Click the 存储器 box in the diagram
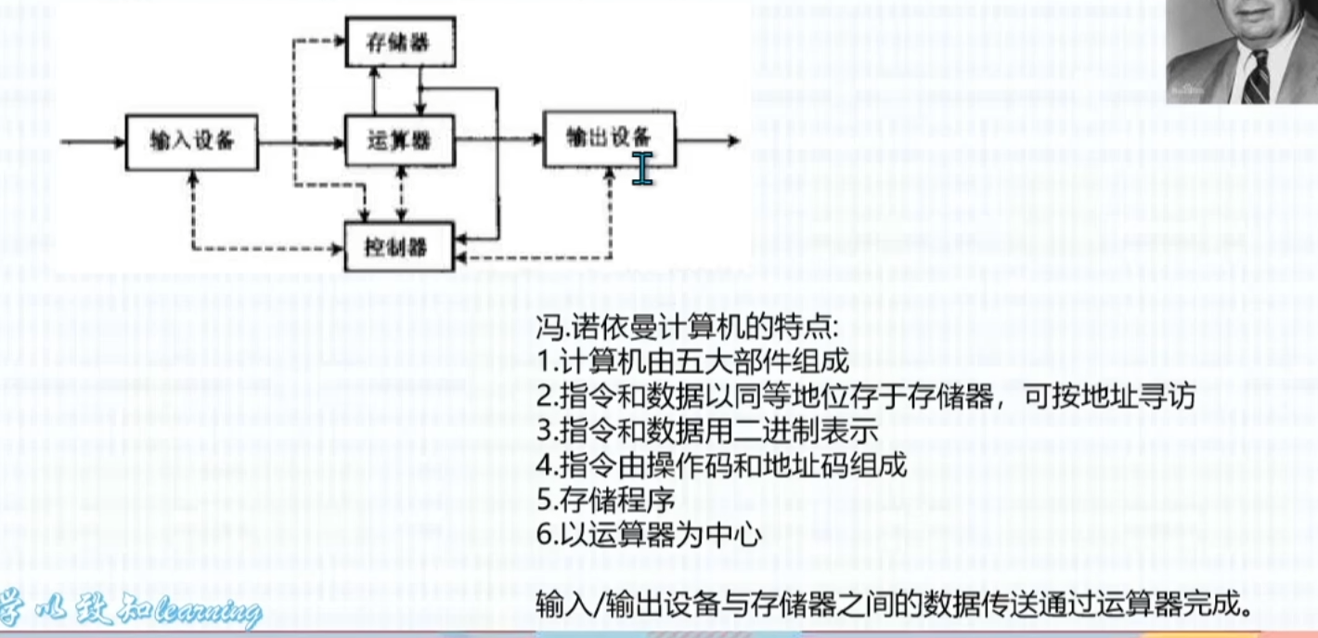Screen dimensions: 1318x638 400,43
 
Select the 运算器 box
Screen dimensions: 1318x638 400,141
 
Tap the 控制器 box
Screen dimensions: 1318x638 399,247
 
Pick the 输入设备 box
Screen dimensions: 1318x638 191,142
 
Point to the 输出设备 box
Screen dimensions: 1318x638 609,138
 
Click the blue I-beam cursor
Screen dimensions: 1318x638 642,168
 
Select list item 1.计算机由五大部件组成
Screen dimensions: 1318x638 692,362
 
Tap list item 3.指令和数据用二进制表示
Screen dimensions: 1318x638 707,431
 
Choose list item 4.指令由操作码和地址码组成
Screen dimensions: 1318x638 721,465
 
